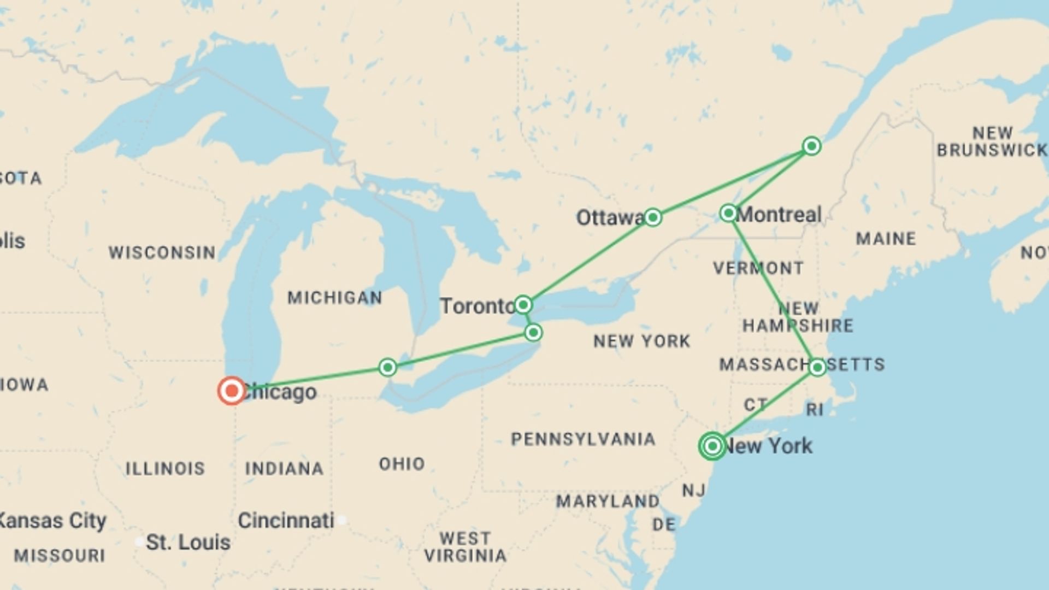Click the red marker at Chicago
[x=232, y=391]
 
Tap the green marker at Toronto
[x=523, y=304]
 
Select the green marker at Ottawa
[x=652, y=217]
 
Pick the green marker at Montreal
[x=728, y=213]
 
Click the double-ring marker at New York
[x=712, y=446]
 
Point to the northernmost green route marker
[x=811, y=146]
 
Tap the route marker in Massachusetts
[x=817, y=367]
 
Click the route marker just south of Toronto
[x=533, y=332]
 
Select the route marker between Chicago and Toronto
[x=387, y=367]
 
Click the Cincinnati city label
[x=286, y=521]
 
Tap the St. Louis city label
[x=188, y=542]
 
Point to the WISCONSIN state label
[x=162, y=252]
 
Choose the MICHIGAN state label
[x=335, y=298]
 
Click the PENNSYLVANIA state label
[x=583, y=439]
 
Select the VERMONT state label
[x=758, y=268]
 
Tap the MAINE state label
[x=886, y=239]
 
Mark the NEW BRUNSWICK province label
[x=992, y=141]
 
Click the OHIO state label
[x=402, y=464]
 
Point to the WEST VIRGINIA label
[x=465, y=547]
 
